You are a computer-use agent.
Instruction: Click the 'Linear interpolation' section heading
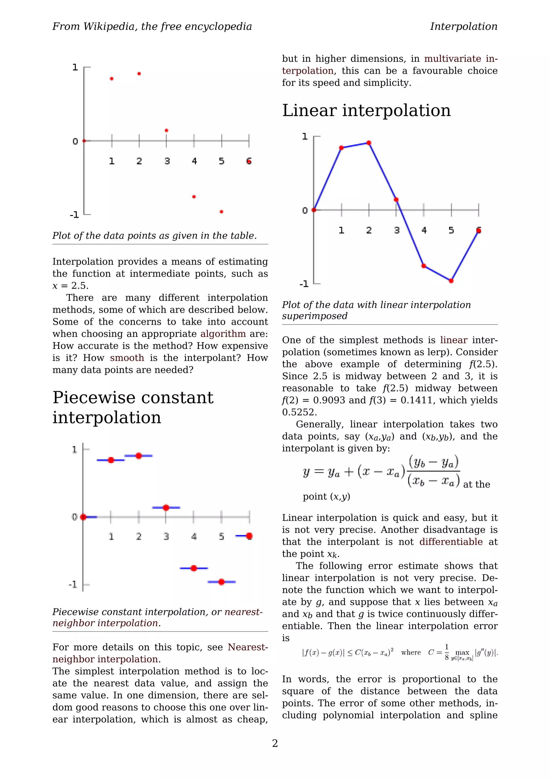click(x=366, y=110)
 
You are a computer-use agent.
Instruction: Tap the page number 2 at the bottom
click(x=275, y=743)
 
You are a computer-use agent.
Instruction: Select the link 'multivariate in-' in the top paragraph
click(x=461, y=59)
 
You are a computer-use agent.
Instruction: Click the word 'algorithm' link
click(x=223, y=334)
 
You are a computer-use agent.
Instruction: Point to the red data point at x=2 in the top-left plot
click(x=139, y=74)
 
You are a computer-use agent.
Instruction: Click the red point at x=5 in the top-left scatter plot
click(x=221, y=212)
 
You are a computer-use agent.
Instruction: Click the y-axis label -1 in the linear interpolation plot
click(x=304, y=284)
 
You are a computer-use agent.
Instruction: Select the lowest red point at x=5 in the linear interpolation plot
click(x=451, y=281)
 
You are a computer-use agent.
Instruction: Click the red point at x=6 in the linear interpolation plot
click(x=479, y=231)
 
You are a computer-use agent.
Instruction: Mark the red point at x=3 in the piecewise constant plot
click(x=166, y=508)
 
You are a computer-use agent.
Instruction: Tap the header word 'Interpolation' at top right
click(x=463, y=26)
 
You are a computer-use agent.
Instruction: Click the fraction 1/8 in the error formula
click(x=447, y=652)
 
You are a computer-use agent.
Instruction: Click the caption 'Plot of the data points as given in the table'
click(x=154, y=235)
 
